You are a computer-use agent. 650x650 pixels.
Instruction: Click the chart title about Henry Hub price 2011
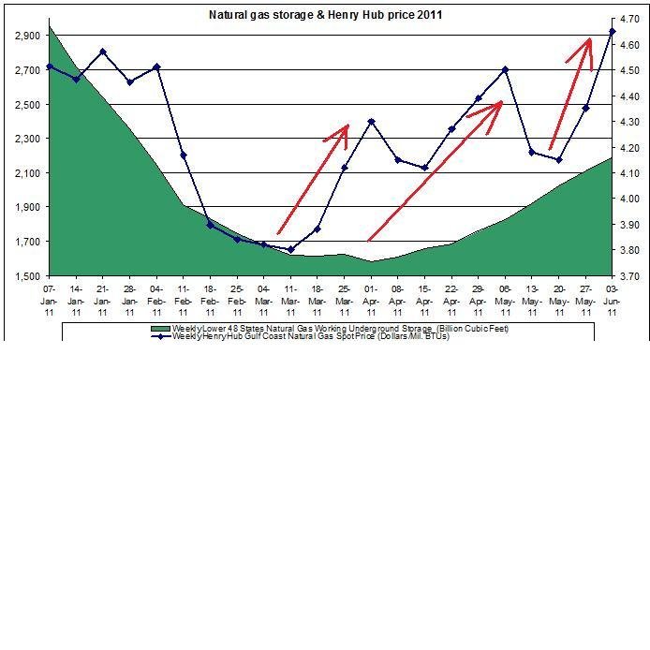[324, 15]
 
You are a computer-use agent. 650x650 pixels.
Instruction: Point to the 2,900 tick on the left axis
[25, 36]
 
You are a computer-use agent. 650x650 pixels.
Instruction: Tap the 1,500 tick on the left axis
[25, 276]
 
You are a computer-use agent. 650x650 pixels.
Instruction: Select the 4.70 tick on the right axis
[630, 19]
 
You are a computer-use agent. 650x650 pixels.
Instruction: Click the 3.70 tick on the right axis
[630, 276]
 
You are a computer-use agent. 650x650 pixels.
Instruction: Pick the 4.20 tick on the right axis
[630, 148]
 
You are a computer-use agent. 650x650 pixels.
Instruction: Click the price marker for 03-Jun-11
[613, 32]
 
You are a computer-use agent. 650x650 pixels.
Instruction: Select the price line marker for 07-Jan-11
[49, 66]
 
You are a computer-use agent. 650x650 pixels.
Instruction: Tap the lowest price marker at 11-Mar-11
[290, 249]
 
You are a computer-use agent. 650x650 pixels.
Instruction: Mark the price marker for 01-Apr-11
[371, 122]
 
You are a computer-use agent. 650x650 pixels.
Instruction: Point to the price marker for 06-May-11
[506, 69]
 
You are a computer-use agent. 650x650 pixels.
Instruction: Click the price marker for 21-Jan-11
[102, 52]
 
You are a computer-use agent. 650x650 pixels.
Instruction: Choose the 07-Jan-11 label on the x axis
[49, 293]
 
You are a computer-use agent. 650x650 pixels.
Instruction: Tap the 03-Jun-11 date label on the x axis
[613, 293]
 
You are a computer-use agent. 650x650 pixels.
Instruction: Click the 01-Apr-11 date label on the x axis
[371, 293]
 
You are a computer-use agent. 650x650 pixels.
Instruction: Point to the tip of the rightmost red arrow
[589, 38]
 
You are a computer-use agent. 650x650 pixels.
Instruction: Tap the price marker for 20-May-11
[559, 159]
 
